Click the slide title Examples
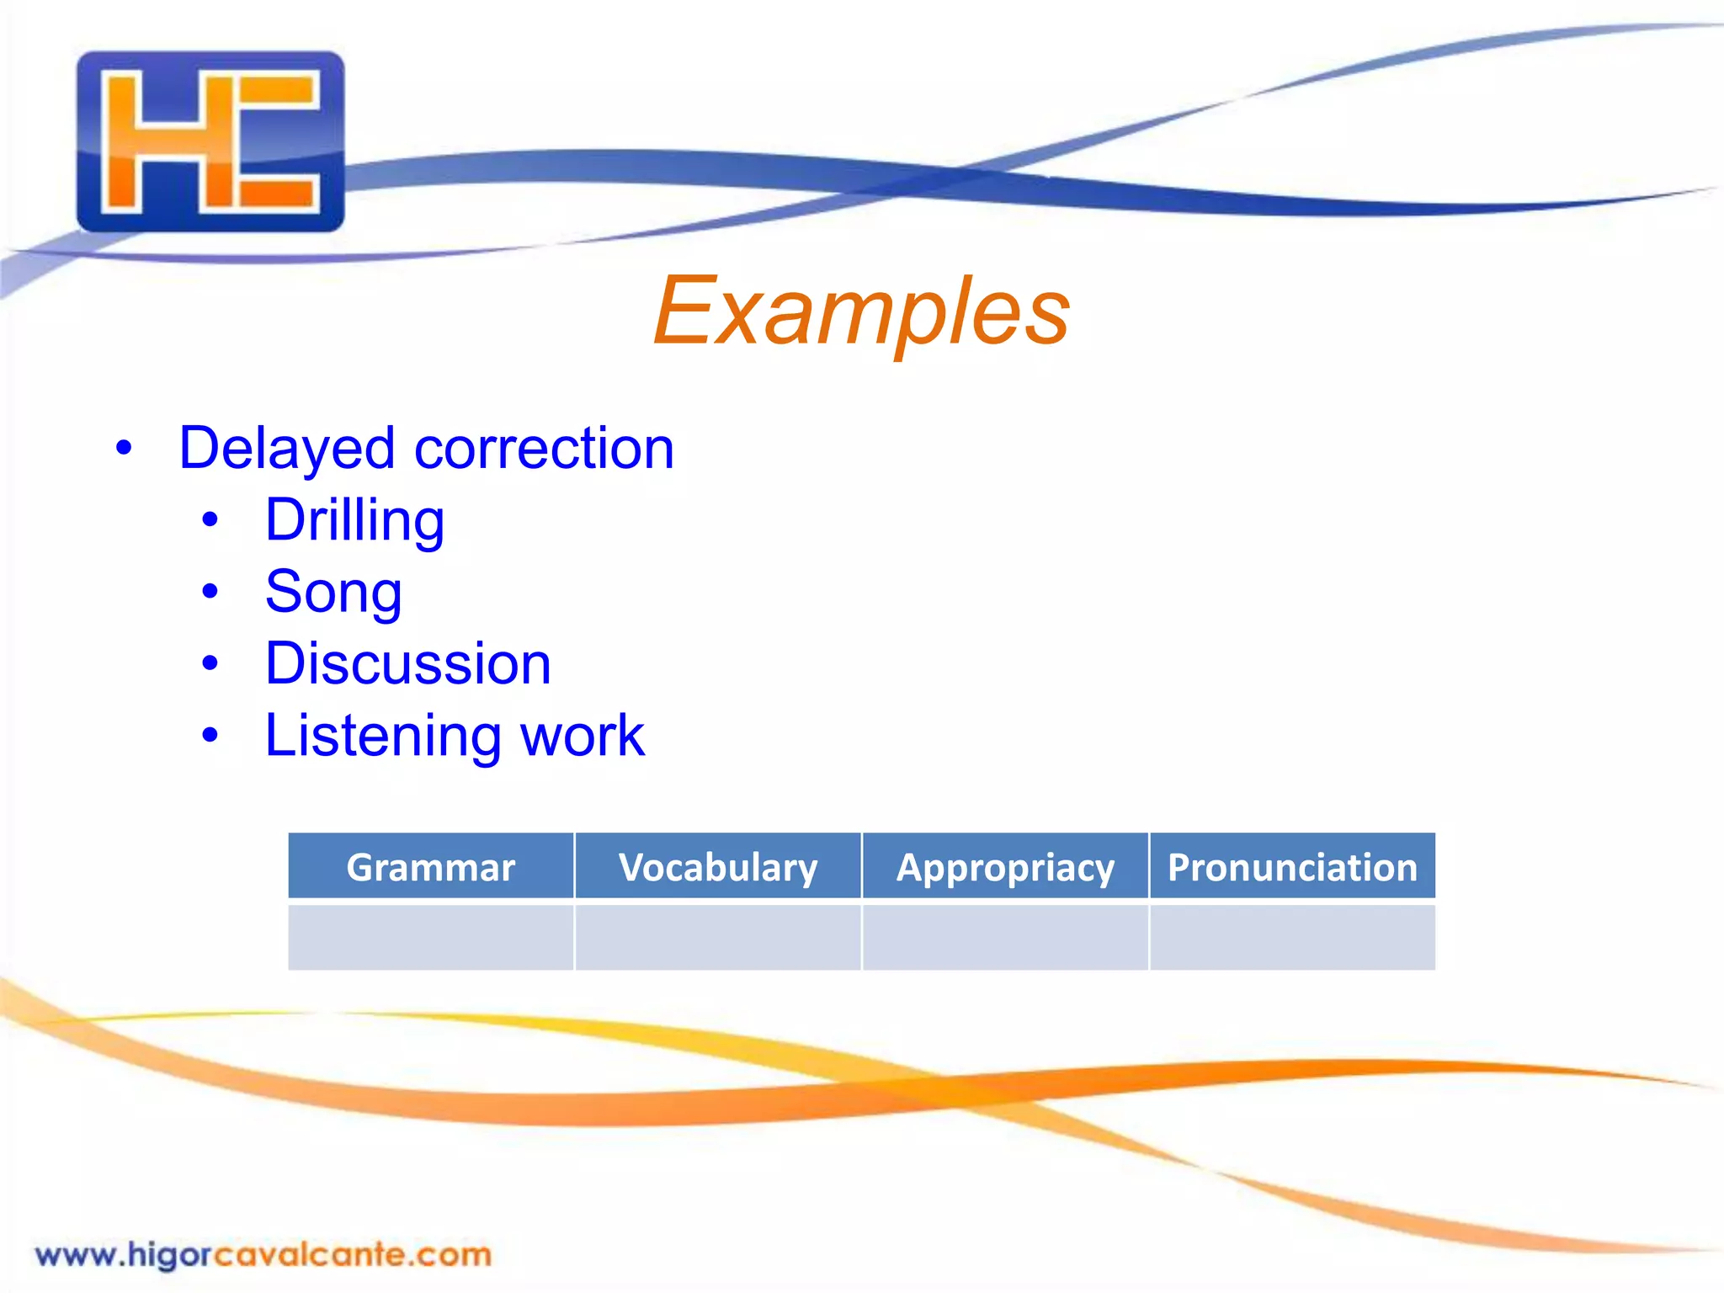pos(861,311)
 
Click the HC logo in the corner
pos(210,141)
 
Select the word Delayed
pos(286,448)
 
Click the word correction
pos(544,448)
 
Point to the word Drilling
pos(354,520)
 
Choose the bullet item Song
pos(333,592)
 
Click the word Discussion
pos(407,663)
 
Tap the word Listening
pos(383,736)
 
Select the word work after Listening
pos(582,736)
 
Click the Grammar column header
pos(430,867)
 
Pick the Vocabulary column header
pos(718,867)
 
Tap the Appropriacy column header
pos(1005,867)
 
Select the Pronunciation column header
pos(1292,867)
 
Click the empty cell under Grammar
pos(430,937)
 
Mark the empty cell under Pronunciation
pos(1292,937)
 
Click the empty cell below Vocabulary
pos(718,937)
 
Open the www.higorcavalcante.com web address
pos(263,1254)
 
